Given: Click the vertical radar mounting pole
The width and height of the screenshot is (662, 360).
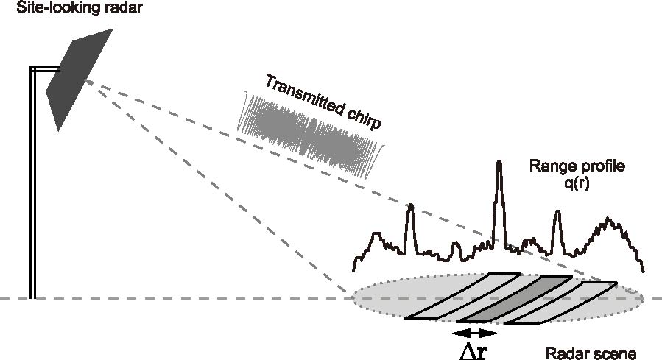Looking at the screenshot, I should pyautogui.click(x=33, y=184).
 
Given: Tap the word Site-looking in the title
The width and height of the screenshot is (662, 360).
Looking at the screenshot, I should pyautogui.click(x=35, y=10).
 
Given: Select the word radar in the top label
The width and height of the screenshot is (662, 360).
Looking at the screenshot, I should pyautogui.click(x=100, y=10).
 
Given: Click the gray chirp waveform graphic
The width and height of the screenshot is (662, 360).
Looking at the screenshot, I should pyautogui.click(x=309, y=136).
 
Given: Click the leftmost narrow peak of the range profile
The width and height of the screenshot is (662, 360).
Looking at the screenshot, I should pyautogui.click(x=410, y=210).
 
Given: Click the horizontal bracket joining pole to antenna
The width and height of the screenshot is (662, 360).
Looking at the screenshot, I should pyautogui.click(x=42, y=68).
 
